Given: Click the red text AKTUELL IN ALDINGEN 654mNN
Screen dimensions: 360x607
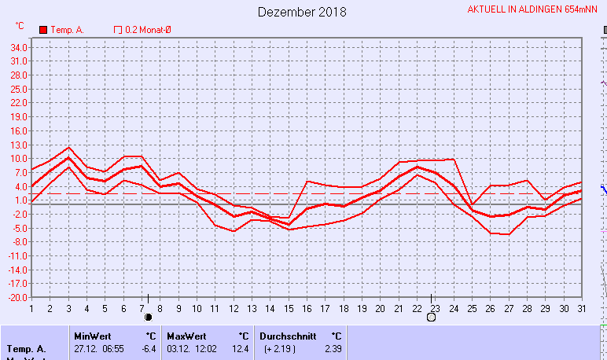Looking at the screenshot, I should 532,9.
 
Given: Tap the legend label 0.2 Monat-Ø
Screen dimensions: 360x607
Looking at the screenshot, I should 149,30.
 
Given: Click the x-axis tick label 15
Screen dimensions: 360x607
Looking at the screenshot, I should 289,307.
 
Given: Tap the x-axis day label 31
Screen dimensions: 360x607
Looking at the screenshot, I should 581,307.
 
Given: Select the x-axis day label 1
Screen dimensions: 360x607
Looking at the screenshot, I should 31,307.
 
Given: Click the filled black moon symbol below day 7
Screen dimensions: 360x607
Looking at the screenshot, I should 147,318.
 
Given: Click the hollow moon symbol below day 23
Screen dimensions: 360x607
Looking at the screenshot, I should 431,318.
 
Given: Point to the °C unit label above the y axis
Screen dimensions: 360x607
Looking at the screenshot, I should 20,26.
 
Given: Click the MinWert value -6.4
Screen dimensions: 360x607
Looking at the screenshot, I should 148,348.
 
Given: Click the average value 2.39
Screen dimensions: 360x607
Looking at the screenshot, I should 333,348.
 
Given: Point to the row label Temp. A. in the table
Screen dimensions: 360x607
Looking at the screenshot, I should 26,348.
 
